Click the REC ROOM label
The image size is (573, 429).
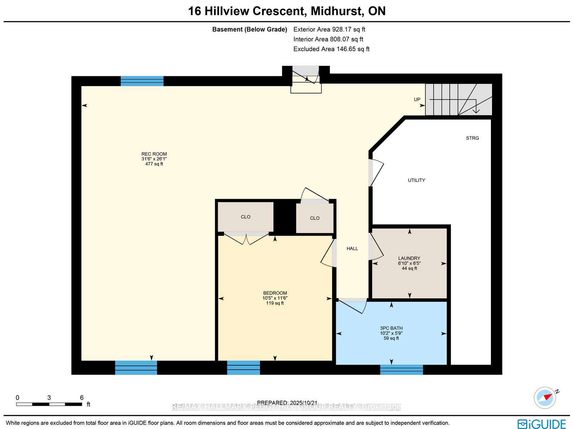[154, 154]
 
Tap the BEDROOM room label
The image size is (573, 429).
[275, 293]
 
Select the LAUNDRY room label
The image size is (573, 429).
[409, 258]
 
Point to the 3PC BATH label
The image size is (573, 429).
[391, 328]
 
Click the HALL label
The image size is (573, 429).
[352, 249]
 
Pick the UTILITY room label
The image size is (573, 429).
[416, 180]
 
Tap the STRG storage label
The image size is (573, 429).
[472, 138]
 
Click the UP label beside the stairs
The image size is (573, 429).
[417, 100]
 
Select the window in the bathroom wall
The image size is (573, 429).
[401, 370]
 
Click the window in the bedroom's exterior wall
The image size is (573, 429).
[243, 368]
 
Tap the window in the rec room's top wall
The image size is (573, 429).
[142, 81]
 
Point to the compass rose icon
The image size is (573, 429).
[545, 398]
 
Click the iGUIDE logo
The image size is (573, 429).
[542, 424]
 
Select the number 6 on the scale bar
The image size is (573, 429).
[82, 398]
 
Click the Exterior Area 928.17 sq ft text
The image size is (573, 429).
[329, 29]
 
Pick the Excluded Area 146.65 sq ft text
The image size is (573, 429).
[331, 49]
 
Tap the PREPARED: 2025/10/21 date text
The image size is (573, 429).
[287, 403]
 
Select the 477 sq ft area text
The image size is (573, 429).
[154, 164]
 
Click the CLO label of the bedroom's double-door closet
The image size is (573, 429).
[245, 217]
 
